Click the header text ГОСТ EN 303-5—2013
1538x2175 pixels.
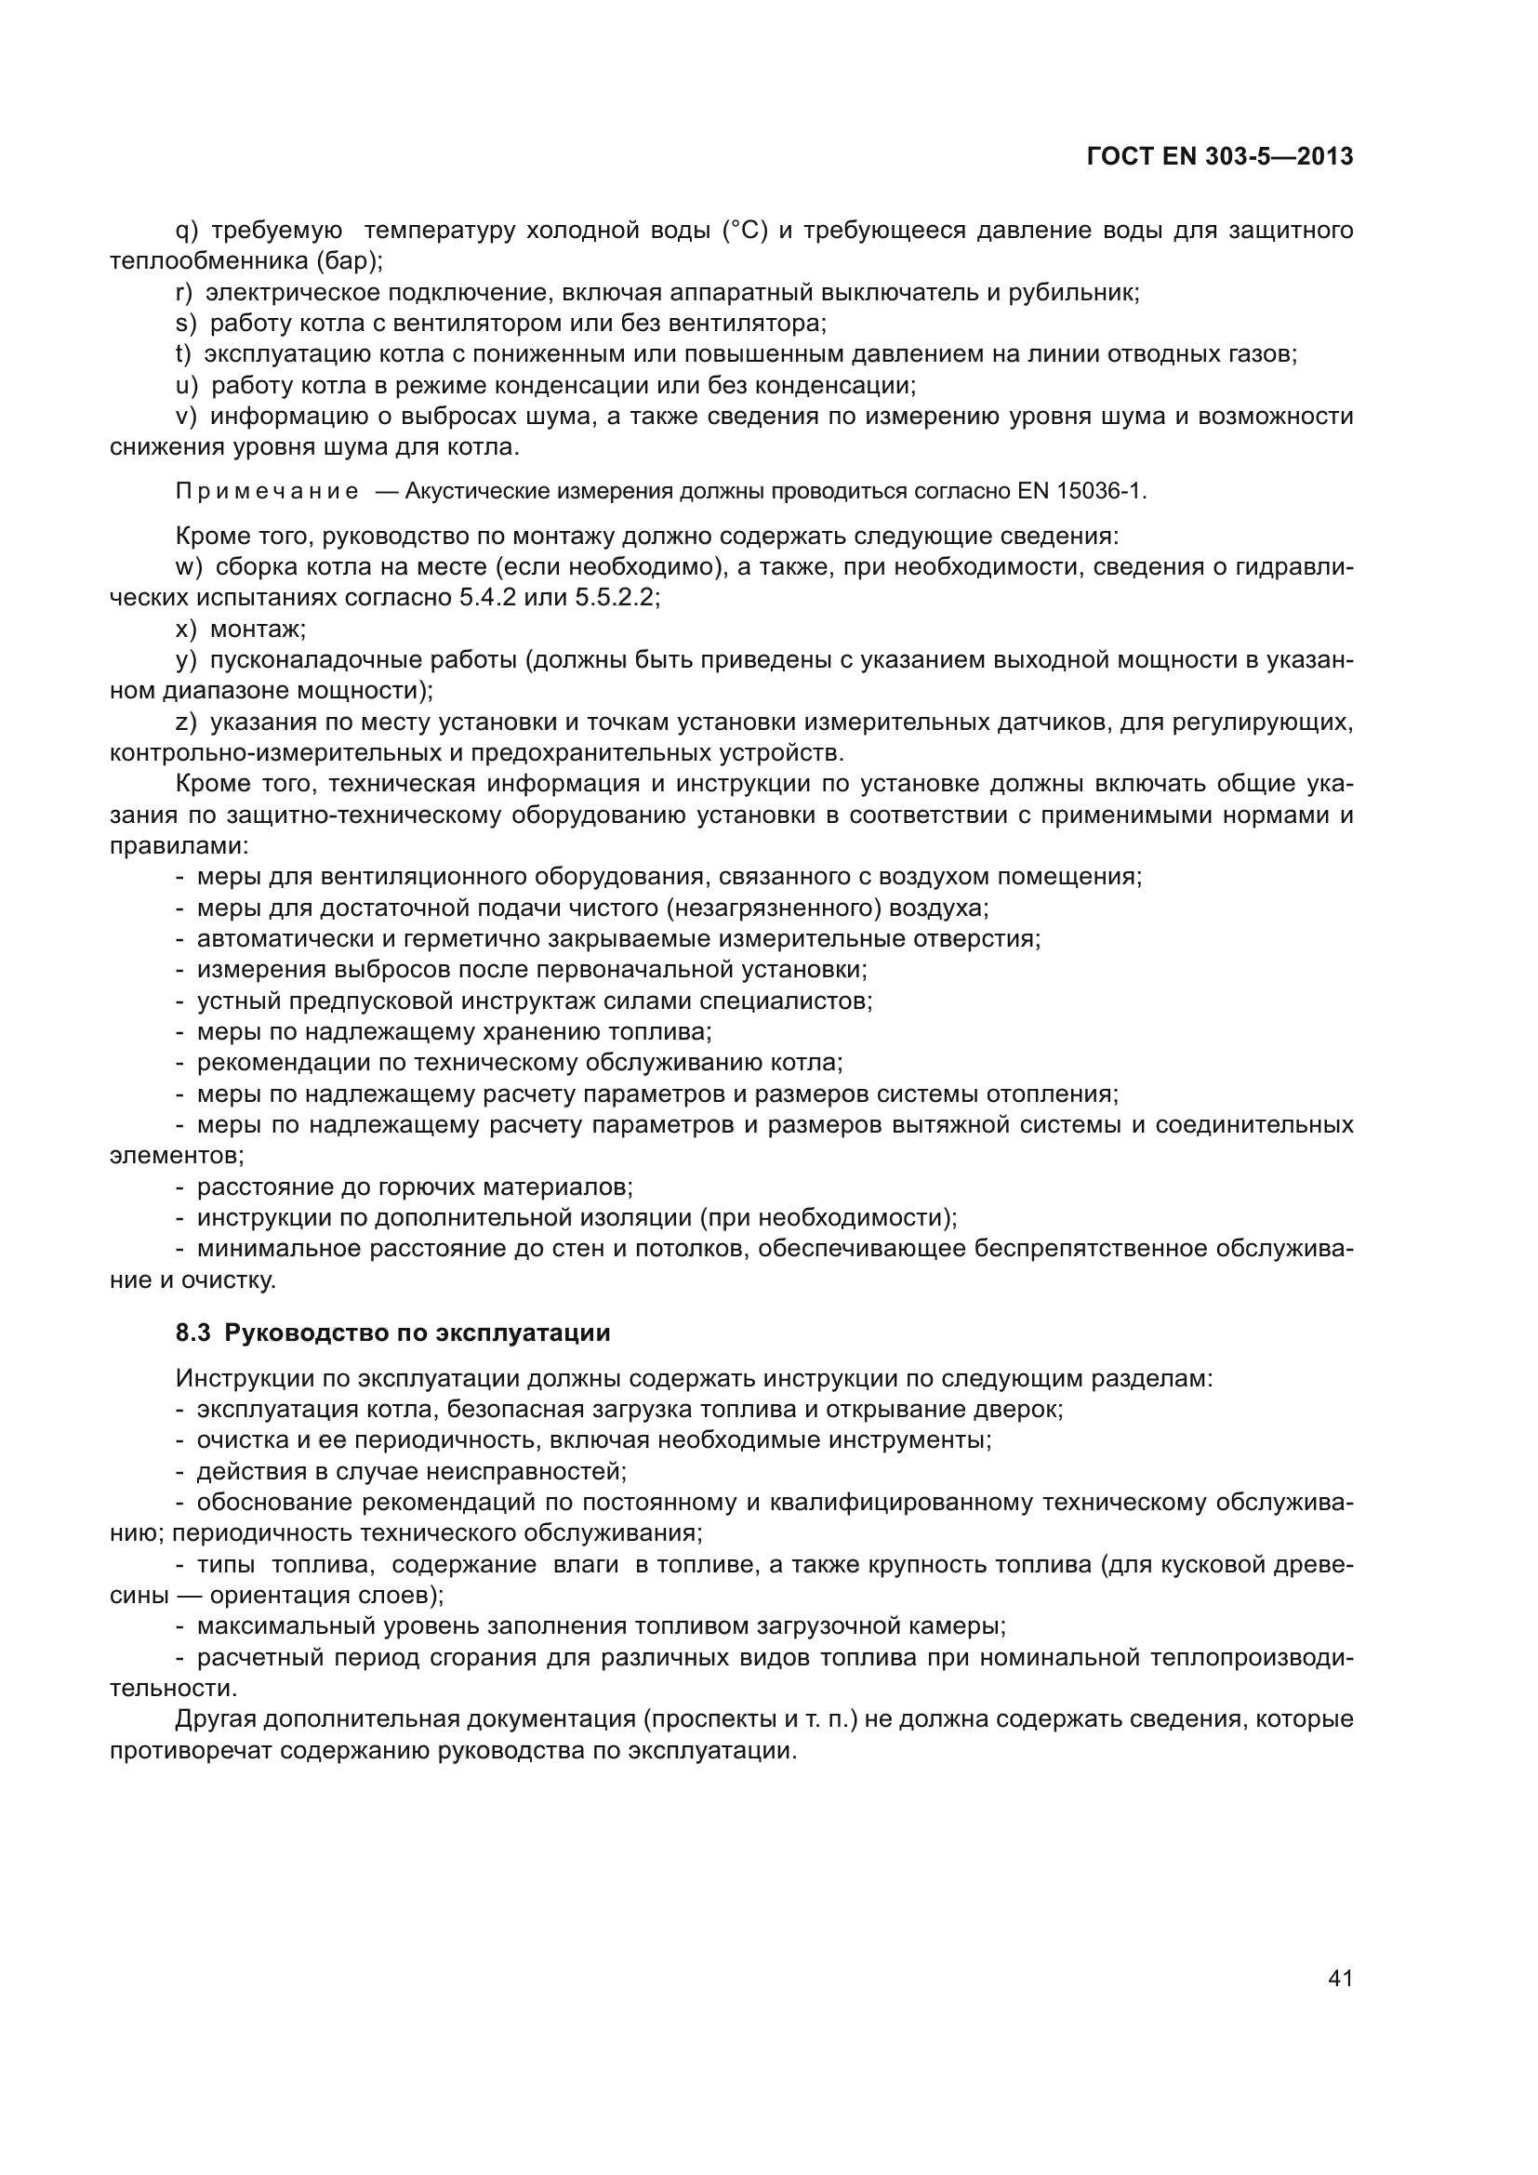coord(1220,157)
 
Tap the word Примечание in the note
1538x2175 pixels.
coord(266,492)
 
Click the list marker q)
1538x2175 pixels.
coord(187,231)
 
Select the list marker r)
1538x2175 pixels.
coord(185,293)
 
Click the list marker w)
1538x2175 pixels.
coord(190,567)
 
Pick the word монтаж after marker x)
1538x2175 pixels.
coord(257,629)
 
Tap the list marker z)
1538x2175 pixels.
coord(187,723)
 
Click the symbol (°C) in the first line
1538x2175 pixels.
coord(746,231)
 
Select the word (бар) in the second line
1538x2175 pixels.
coord(349,261)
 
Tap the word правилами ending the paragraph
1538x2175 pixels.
coord(178,846)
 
